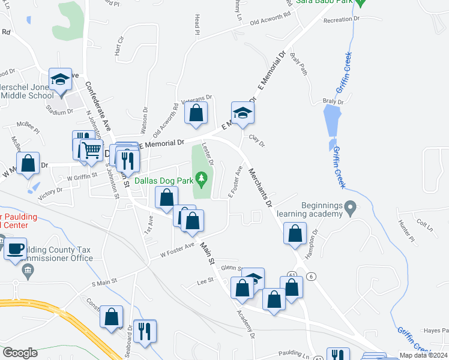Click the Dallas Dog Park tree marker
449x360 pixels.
coord(202,178)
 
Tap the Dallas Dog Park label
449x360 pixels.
coord(163,179)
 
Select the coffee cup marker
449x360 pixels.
coord(15,247)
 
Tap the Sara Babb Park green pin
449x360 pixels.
coord(360,3)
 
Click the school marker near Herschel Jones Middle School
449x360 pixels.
coord(60,80)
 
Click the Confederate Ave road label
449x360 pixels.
coord(98,106)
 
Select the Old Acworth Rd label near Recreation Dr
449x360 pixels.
coord(273,22)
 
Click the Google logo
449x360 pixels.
coord(20,353)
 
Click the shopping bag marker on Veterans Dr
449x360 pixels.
coord(196,112)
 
